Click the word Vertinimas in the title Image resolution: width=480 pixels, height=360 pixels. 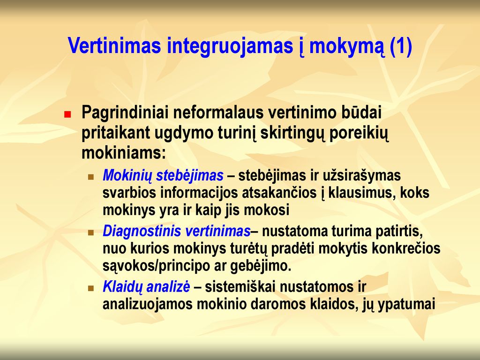click(x=114, y=45)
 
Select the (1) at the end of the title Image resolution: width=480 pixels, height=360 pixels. click(x=401, y=46)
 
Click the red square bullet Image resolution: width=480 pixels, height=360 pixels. click(x=67, y=114)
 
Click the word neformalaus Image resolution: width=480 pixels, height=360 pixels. click(x=218, y=112)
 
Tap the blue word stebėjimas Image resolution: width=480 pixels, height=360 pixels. click(x=190, y=176)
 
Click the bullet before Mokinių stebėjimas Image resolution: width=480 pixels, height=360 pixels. click(x=90, y=177)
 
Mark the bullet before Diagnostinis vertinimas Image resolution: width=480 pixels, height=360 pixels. click(x=90, y=232)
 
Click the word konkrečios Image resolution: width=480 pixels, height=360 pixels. click(x=406, y=248)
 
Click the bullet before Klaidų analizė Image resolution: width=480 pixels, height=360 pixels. click(x=90, y=288)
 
